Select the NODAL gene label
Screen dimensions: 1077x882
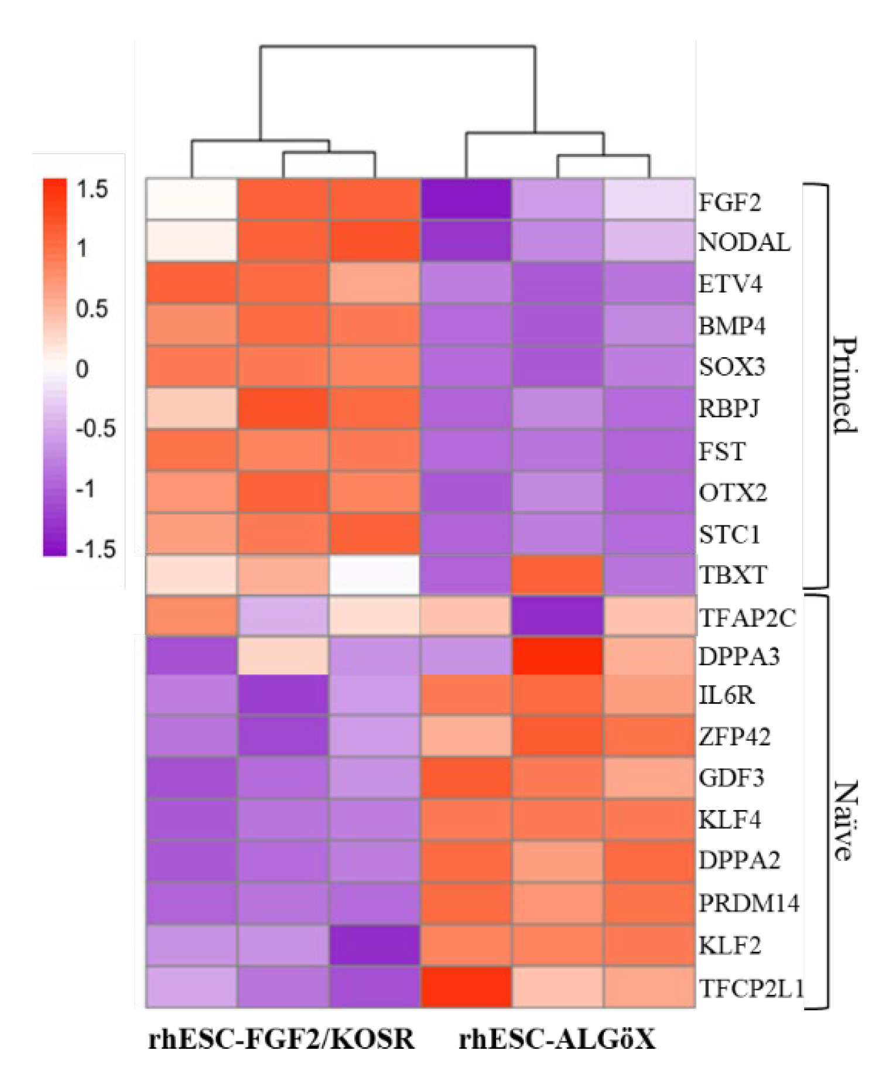point(744,242)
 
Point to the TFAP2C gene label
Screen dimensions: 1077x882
point(747,617)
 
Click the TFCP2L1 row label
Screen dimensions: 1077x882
point(751,989)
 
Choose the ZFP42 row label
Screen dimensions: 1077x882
point(734,737)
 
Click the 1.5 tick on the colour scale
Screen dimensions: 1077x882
point(92,190)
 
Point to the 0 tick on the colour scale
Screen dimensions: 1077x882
point(81,370)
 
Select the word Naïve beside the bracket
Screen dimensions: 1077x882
point(843,820)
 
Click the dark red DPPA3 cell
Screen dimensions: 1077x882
point(558,656)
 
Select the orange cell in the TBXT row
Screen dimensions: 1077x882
point(558,575)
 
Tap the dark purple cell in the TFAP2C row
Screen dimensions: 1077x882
point(558,616)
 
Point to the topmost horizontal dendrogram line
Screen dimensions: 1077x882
point(398,47)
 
